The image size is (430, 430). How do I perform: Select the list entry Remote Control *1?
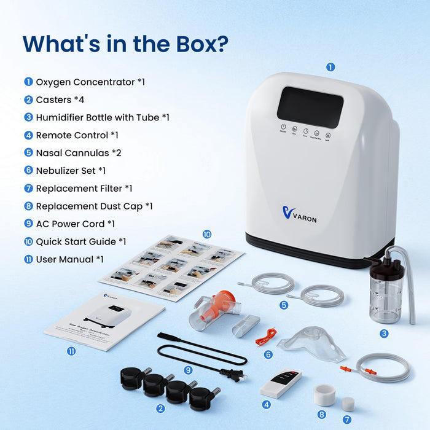coord(77,135)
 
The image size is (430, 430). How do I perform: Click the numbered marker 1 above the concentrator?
coord(330,68)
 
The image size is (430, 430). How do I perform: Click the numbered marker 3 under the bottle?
coord(384,334)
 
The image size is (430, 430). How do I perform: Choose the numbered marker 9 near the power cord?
coord(188,370)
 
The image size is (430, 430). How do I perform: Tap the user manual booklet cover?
coord(104,319)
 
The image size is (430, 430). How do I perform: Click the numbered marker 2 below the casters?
coord(160,408)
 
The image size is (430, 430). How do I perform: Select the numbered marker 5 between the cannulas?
coord(284,305)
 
